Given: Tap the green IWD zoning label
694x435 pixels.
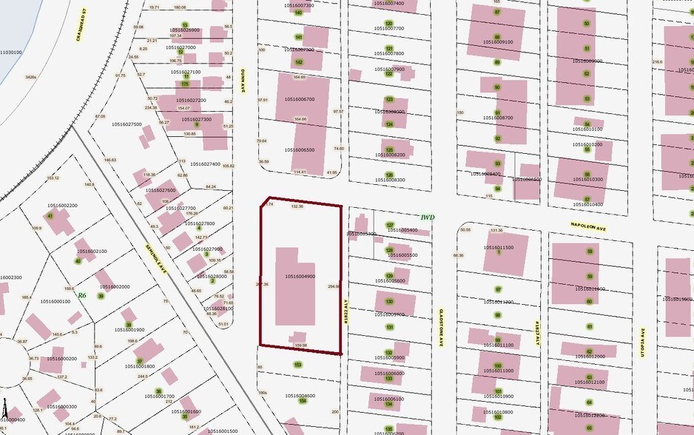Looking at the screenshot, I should [x=427, y=217].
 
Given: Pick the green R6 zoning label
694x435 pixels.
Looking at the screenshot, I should [x=81, y=295].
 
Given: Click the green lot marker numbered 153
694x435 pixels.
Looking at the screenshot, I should [x=297, y=365].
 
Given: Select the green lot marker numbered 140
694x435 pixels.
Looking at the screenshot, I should [x=298, y=13].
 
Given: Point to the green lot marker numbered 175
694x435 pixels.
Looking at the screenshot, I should [x=185, y=84].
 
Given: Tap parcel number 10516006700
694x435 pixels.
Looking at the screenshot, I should [x=300, y=99].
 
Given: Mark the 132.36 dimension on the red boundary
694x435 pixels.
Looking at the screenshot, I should [x=297, y=206].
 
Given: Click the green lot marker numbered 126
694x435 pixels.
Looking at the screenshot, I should [x=389, y=175].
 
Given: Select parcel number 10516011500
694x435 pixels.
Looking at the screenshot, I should [x=498, y=248].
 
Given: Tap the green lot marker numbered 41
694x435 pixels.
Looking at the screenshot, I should [x=50, y=216].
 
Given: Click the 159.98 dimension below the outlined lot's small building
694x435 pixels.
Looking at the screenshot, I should [x=300, y=345].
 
